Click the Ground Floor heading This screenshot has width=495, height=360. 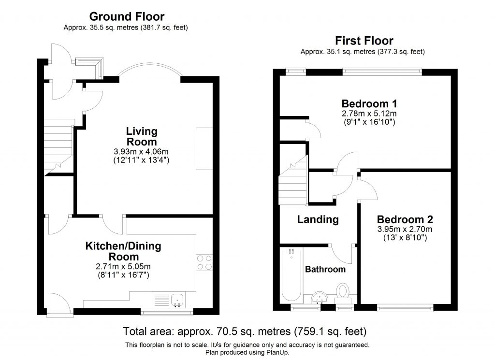tap(127, 17)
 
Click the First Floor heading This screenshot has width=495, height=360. tap(364, 41)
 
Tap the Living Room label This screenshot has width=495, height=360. tap(141, 136)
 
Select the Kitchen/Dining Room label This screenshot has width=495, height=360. tap(124, 251)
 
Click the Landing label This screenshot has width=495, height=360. tap(318, 219)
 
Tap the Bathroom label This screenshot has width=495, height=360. tap(325, 269)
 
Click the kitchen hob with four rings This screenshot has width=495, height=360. tap(204, 262)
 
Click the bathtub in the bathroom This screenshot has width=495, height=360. tap(291, 275)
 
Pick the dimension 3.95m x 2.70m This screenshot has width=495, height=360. tap(405, 230)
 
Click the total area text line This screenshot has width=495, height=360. tap(245, 332)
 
